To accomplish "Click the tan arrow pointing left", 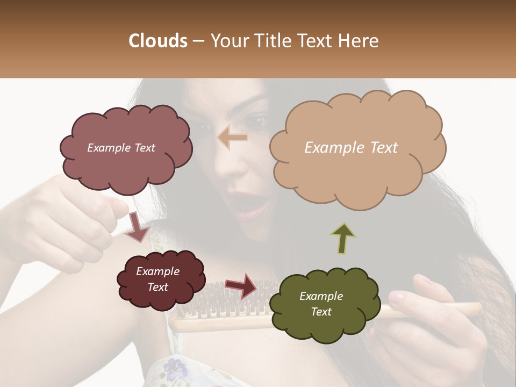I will point(232,138).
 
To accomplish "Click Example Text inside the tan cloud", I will point(351,148).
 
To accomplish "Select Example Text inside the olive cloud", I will point(321,304).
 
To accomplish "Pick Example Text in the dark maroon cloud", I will point(157,279).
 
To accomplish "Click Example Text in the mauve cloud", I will point(121,148).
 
